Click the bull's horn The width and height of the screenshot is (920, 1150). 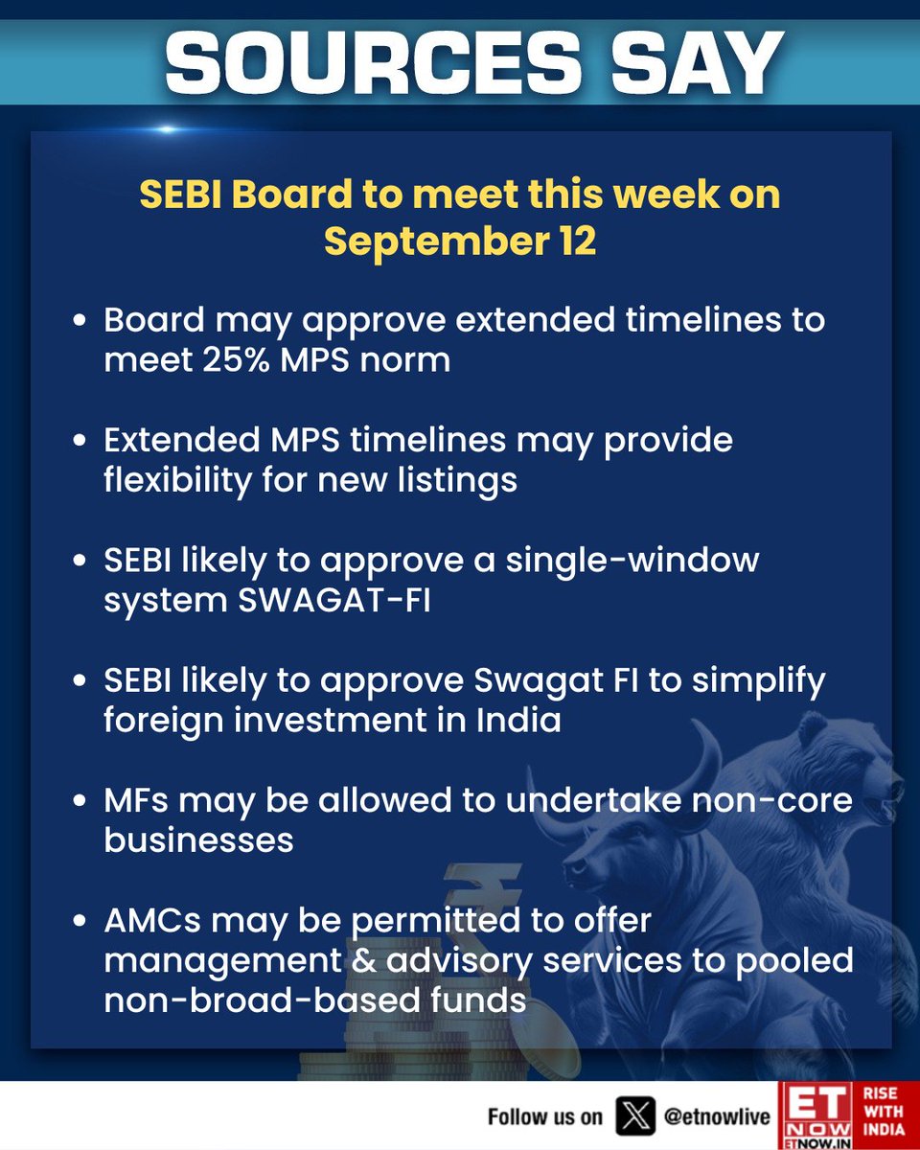click(x=707, y=757)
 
